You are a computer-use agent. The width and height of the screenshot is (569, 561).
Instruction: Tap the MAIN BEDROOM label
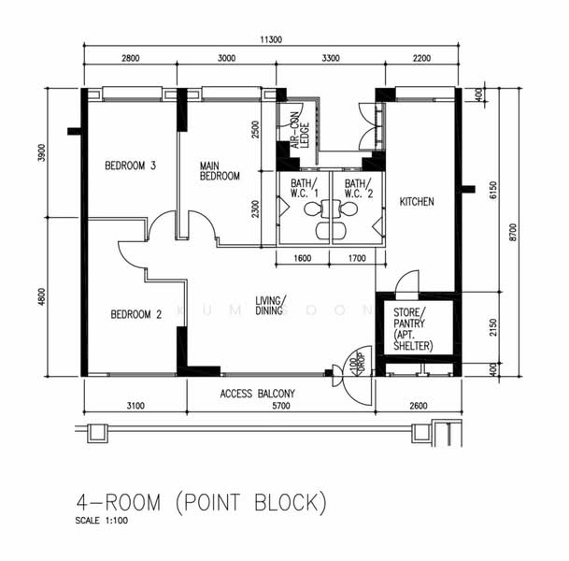[220, 170]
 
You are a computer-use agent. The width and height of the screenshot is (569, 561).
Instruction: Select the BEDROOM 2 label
[135, 314]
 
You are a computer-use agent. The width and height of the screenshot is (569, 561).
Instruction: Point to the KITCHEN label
[417, 201]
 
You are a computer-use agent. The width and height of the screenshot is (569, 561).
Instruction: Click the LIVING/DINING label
[271, 306]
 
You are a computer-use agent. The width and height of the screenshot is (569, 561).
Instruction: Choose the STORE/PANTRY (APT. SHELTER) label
[413, 328]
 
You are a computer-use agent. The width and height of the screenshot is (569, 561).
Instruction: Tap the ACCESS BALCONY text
[258, 394]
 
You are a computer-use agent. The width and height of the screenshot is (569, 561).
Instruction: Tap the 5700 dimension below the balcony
[280, 406]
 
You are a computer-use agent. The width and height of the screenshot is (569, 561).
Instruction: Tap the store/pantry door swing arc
[408, 279]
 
